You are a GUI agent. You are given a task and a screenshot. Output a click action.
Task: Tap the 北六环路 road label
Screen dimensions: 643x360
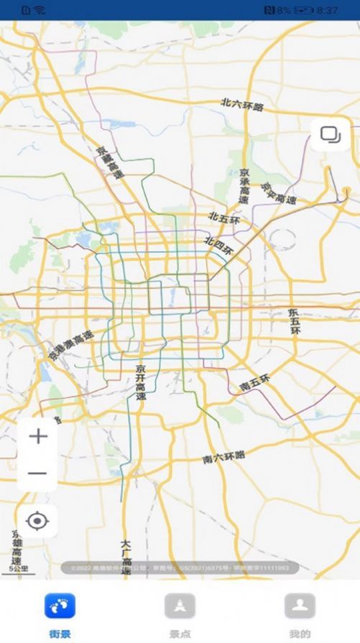[242, 106]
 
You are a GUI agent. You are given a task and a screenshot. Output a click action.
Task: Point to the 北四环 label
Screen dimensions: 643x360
[219, 246]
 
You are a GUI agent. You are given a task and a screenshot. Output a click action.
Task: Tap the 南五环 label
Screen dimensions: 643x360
[254, 382]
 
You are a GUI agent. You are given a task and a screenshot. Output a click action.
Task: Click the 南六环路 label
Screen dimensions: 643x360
[223, 457]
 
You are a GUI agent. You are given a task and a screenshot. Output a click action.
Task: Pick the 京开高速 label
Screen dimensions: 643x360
[140, 382]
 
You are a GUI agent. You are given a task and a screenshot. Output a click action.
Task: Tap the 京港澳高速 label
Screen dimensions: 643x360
[70, 346]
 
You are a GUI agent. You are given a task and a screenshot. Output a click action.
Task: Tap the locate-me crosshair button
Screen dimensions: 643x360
[37, 520]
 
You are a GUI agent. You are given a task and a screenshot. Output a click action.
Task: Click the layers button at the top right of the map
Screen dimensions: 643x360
[331, 134]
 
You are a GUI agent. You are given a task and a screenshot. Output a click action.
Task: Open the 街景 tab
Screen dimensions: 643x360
[60, 614]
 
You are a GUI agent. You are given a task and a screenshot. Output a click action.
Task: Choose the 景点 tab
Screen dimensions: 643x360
[180, 614]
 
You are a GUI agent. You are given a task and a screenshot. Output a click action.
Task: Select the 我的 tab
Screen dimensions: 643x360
[300, 614]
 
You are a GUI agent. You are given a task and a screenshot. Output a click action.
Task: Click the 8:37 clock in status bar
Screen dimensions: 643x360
[327, 10]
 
